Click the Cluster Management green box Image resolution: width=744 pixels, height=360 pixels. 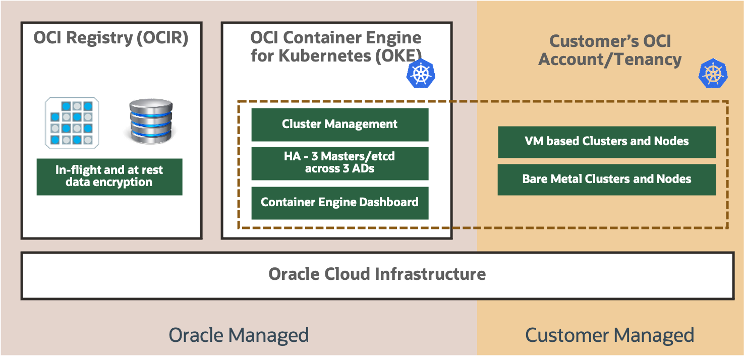pos(339,124)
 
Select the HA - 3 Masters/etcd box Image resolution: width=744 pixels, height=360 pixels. pos(339,163)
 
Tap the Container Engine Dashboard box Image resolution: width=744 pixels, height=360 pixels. pos(339,203)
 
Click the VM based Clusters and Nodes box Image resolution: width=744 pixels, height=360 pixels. pos(606,142)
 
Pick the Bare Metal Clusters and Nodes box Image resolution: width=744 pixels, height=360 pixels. pos(606,179)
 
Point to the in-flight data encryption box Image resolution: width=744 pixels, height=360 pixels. pos(109,176)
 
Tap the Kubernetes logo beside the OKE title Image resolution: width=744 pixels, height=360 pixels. pos(420,74)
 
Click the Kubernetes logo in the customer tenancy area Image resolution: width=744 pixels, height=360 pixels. pos(712,74)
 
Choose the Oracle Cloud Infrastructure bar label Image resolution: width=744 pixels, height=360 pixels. pos(377,274)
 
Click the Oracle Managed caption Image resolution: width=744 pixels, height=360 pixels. pos(239,335)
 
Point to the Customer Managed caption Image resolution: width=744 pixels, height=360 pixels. pos(609,335)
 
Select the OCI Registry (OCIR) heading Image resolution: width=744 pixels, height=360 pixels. pos(111,38)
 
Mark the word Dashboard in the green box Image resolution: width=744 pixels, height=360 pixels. pos(388,203)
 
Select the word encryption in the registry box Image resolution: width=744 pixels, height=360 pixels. pos(123,183)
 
